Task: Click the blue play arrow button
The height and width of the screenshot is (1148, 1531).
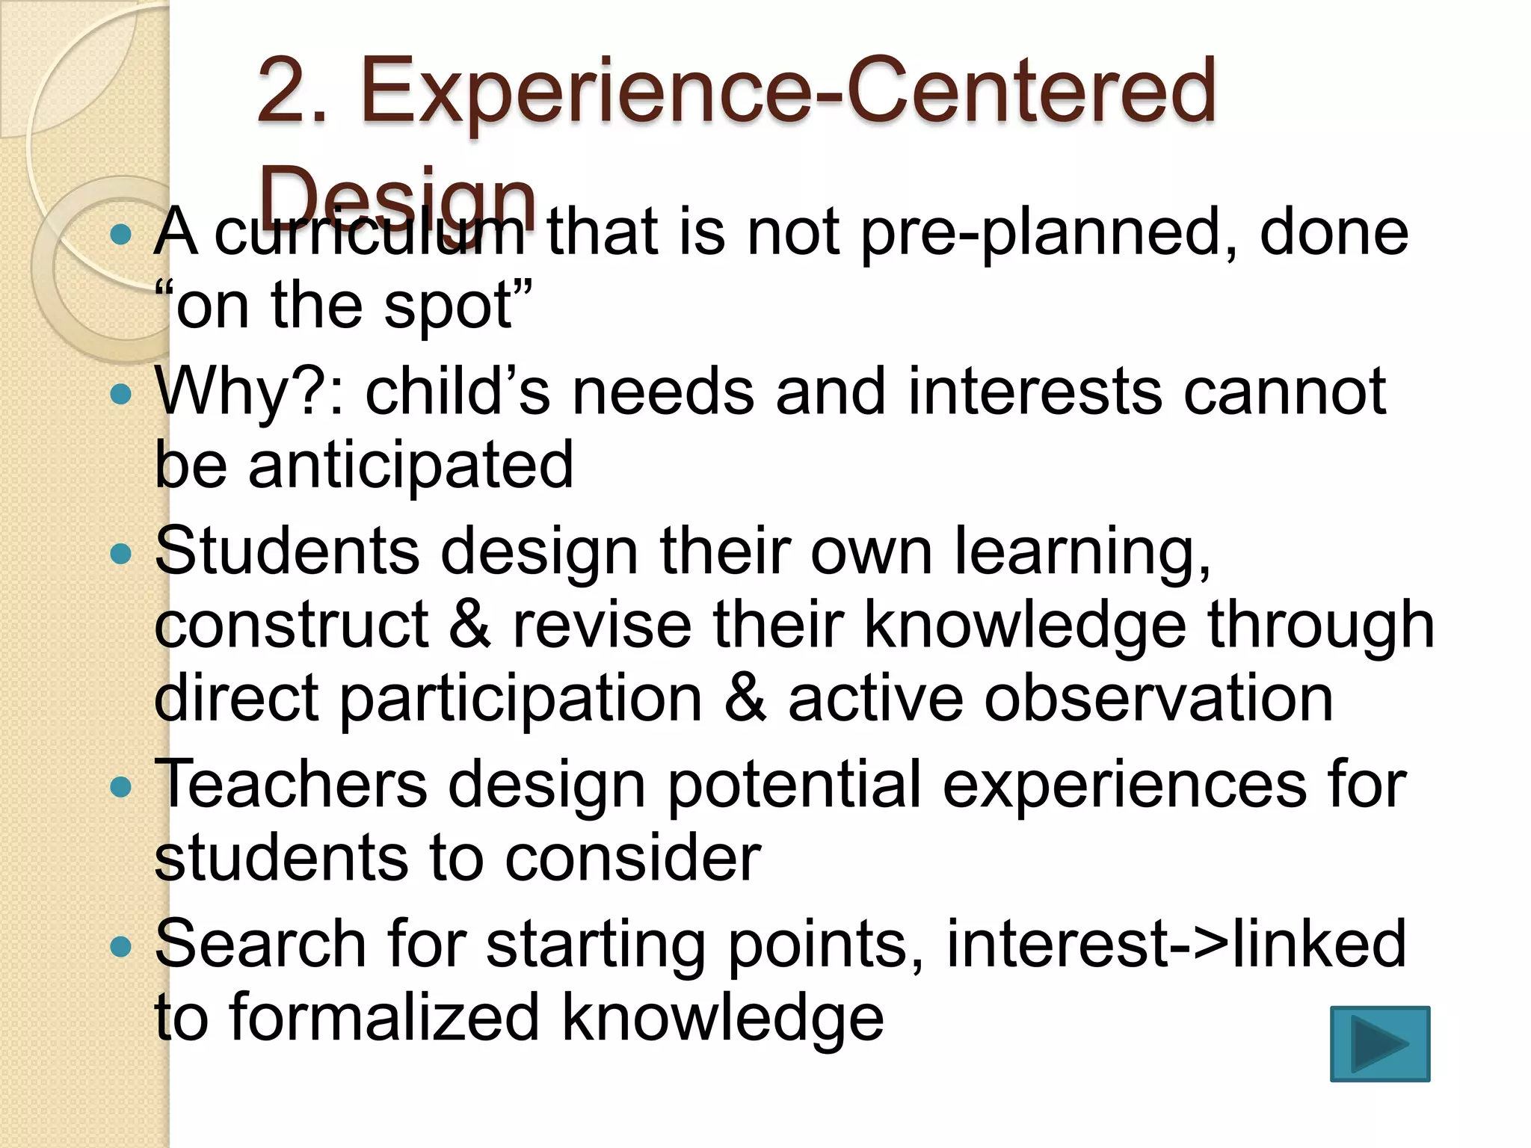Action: tap(1379, 1043)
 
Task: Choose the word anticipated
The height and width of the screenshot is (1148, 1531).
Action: tap(410, 465)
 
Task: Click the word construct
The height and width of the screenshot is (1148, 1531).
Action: tap(292, 625)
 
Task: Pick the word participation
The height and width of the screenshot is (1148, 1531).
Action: tap(520, 700)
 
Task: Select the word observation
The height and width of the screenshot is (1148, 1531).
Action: tap(1158, 698)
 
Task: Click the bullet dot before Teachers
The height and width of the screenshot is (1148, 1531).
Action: tap(120, 787)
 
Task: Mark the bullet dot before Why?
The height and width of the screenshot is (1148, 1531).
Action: tap(120, 394)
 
